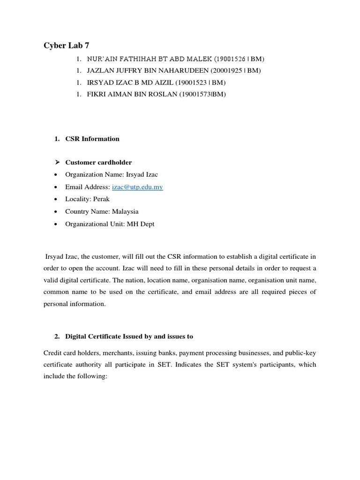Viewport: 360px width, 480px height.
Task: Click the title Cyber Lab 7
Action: [66, 45]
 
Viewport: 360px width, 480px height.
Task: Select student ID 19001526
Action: [231, 59]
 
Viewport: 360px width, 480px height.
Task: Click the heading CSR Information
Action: [92, 139]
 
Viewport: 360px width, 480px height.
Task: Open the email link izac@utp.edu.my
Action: [137, 187]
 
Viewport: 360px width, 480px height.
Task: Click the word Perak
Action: [101, 199]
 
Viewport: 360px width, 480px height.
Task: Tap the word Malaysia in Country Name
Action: [125, 211]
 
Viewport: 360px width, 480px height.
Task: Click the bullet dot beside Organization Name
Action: [56, 175]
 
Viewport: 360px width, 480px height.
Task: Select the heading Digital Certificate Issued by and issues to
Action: [129, 337]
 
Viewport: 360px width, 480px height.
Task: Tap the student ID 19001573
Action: [196, 94]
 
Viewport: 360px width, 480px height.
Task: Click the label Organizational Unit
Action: [95, 224]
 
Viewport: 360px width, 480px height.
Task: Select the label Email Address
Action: [88, 187]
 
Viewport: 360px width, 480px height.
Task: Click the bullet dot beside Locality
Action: [56, 199]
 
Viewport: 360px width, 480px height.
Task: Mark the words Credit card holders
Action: [70, 352]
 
